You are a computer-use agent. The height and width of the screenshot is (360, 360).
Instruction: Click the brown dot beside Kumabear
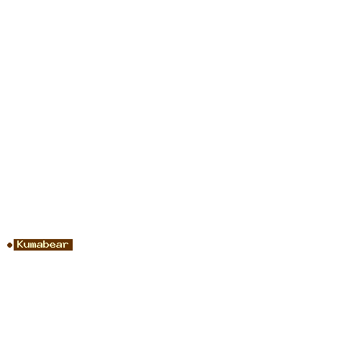point(9,245)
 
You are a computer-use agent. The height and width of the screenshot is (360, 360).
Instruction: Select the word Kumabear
point(42,245)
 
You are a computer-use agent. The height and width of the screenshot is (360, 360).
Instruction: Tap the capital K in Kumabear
point(19,245)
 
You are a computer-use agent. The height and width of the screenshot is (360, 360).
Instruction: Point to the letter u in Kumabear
point(26,246)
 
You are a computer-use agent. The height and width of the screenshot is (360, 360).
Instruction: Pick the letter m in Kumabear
point(32,246)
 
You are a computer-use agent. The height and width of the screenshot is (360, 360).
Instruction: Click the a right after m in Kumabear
point(39,246)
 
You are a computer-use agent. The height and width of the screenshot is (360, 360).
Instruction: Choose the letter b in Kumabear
point(45,245)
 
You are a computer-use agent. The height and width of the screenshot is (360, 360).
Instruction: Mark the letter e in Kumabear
point(52,246)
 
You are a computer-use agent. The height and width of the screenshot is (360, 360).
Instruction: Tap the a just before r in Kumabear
point(58,246)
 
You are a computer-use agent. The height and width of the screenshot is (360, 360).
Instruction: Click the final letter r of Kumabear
point(66,246)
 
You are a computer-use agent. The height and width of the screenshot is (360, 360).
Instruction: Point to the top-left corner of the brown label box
point(14,239)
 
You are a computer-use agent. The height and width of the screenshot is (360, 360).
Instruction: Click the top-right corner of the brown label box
point(73,239)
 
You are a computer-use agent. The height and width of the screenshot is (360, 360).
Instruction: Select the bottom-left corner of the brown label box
point(14,251)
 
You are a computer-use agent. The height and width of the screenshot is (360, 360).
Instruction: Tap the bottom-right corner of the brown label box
point(73,251)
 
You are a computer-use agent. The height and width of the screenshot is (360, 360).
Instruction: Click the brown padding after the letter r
point(71,245)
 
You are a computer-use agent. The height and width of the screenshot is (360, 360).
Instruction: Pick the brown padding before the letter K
point(15,245)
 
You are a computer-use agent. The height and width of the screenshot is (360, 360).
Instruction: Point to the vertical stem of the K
point(18,245)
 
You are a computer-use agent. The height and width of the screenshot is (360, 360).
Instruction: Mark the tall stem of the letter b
point(44,245)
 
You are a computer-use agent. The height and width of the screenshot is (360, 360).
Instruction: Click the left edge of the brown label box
point(14,245)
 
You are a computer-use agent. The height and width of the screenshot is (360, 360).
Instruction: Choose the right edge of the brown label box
point(73,245)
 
